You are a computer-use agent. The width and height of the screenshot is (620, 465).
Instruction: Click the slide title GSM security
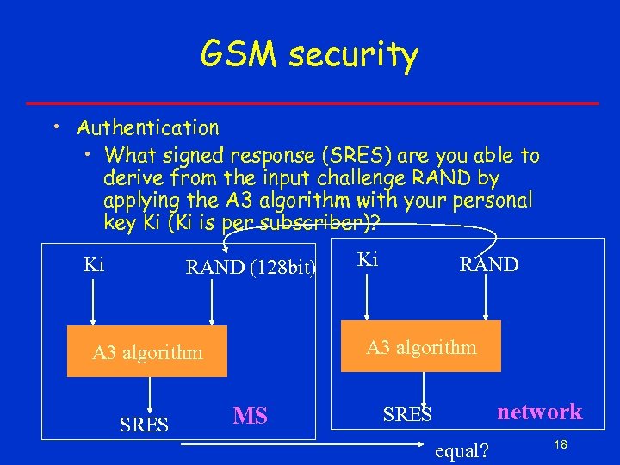click(309, 55)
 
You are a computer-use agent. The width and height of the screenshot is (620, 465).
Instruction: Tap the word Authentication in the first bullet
click(148, 128)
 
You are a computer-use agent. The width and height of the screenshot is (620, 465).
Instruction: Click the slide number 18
click(561, 444)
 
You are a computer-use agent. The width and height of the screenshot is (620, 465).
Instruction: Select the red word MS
click(251, 417)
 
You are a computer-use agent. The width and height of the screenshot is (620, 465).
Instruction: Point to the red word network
click(540, 412)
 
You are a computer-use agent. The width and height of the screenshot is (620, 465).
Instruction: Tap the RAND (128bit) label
click(251, 268)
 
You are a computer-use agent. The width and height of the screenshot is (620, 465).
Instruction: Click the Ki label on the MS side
click(94, 264)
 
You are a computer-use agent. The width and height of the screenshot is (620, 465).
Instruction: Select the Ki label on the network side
click(367, 259)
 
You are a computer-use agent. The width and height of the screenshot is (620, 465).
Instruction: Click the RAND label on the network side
click(489, 264)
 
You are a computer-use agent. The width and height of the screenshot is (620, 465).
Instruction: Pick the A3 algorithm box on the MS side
click(147, 351)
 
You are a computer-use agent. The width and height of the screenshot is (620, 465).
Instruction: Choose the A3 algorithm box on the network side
click(421, 347)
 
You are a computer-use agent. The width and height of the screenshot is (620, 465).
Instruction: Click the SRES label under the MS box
click(144, 425)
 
